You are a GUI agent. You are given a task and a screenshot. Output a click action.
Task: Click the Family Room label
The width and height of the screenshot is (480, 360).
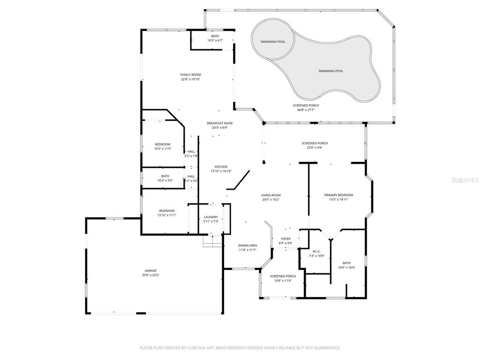[190, 75]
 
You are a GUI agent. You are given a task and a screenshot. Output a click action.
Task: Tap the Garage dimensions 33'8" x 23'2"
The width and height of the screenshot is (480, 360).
[150, 275]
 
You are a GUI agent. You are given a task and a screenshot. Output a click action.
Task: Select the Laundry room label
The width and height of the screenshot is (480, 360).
[210, 217]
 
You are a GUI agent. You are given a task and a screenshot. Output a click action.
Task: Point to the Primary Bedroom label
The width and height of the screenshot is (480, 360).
[338, 195]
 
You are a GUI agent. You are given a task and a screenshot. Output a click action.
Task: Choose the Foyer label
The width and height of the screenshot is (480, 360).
[285, 239]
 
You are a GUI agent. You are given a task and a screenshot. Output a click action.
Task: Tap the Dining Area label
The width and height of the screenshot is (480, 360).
[247, 245]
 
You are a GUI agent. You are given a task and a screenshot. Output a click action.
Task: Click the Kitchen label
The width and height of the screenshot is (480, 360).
[221, 167]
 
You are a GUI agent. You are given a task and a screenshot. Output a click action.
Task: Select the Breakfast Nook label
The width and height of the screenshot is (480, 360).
[219, 123]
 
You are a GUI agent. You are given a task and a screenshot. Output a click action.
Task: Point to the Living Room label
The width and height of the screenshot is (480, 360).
[271, 195]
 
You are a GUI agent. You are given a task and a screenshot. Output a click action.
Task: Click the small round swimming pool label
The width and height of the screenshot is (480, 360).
[273, 42]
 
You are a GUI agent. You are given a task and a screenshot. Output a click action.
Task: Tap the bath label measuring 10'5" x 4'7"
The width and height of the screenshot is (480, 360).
[215, 40]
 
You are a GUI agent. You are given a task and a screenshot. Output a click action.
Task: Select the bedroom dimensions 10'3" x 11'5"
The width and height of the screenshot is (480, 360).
[163, 149]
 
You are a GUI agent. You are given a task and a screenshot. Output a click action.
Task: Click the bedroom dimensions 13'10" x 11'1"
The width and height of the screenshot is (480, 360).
[166, 215]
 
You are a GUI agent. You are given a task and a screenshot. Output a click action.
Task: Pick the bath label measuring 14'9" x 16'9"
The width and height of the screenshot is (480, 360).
[346, 268]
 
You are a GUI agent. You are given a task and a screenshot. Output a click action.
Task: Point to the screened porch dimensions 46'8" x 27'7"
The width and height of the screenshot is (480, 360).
[306, 110]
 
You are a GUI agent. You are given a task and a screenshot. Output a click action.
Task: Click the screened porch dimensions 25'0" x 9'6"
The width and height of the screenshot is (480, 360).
[314, 148]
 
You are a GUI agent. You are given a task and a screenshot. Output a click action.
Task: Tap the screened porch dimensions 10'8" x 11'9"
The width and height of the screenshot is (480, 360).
[283, 281]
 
